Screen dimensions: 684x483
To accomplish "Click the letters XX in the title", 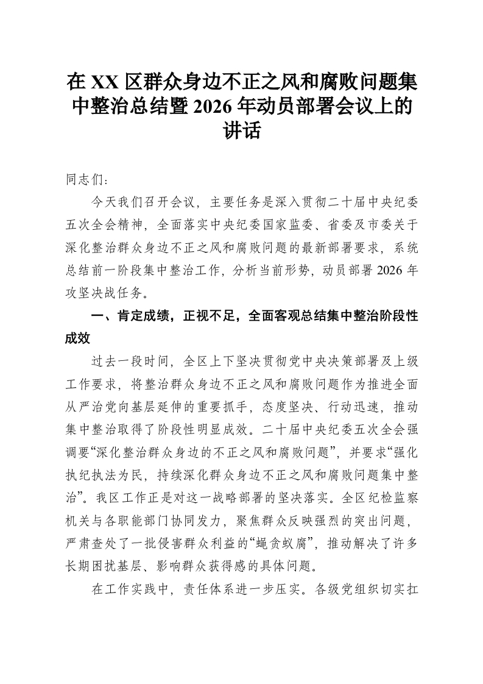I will pos(105,82).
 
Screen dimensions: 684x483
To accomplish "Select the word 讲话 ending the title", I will pos(241,130).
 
